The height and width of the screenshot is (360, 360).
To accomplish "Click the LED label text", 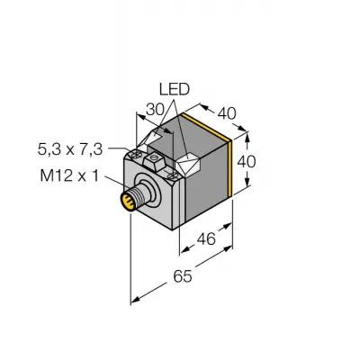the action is coord(175,89).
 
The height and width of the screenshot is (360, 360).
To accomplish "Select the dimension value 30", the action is coord(156,110).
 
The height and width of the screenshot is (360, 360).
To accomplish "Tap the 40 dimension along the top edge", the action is coord(227,113).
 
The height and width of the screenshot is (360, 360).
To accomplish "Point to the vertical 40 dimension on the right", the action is coord(247,162).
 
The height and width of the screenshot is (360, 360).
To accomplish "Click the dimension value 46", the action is coord(206,239).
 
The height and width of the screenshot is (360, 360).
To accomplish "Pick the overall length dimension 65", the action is coord(183,276).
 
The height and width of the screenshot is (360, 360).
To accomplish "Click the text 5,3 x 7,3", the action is coord(70,149).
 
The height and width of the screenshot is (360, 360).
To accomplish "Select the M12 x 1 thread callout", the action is coord(69,175).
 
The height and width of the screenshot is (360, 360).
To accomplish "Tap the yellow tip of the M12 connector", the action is coord(128,202).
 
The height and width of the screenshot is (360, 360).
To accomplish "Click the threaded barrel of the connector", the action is coord(140,195).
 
